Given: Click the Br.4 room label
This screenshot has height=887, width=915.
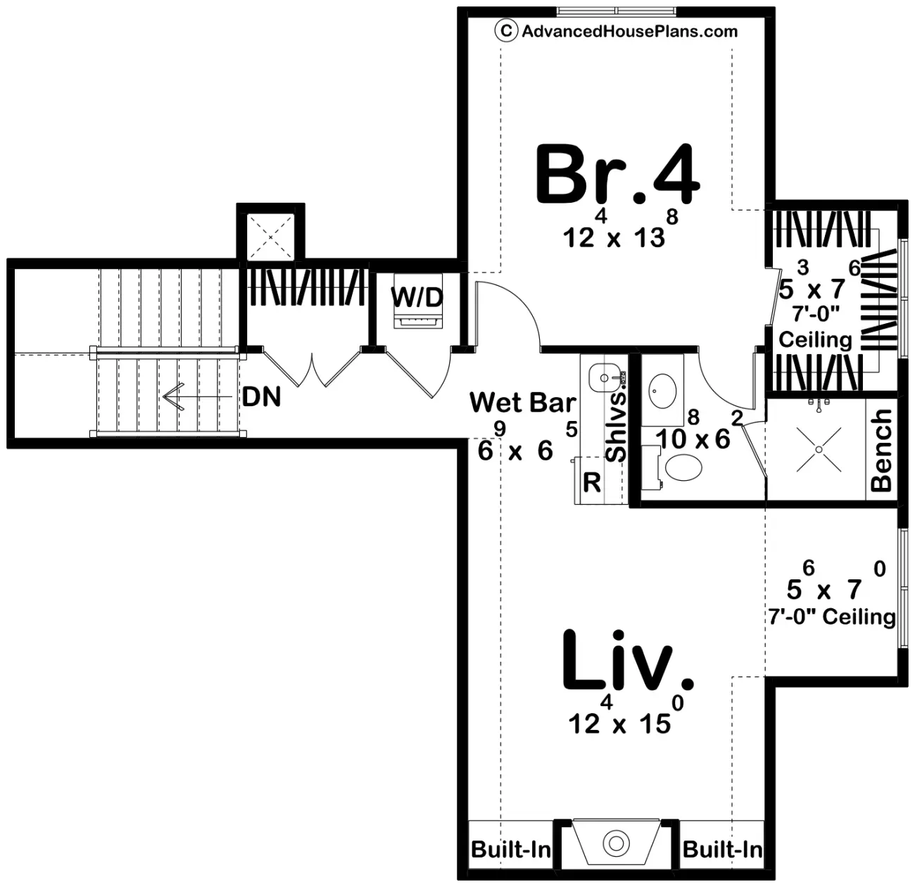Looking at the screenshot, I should (617, 175).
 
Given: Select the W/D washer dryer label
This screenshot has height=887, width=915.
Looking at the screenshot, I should (417, 297).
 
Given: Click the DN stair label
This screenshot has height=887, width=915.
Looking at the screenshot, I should (261, 398).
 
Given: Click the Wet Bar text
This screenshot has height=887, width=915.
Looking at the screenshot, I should (522, 403).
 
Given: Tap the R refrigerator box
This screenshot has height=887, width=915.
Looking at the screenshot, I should (592, 483).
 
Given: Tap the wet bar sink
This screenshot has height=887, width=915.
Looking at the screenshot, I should (604, 377).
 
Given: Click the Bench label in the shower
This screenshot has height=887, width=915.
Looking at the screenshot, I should (881, 451).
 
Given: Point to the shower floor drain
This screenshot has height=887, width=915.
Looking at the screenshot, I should (819, 448).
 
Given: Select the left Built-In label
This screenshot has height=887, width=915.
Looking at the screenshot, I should (510, 849).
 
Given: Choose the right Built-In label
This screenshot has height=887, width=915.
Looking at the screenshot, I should (722, 849).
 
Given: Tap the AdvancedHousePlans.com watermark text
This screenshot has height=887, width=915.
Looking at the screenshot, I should (629, 31).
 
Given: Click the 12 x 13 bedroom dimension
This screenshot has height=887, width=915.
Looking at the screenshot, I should (614, 237).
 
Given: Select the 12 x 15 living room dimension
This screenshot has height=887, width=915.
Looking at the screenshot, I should (619, 723).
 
